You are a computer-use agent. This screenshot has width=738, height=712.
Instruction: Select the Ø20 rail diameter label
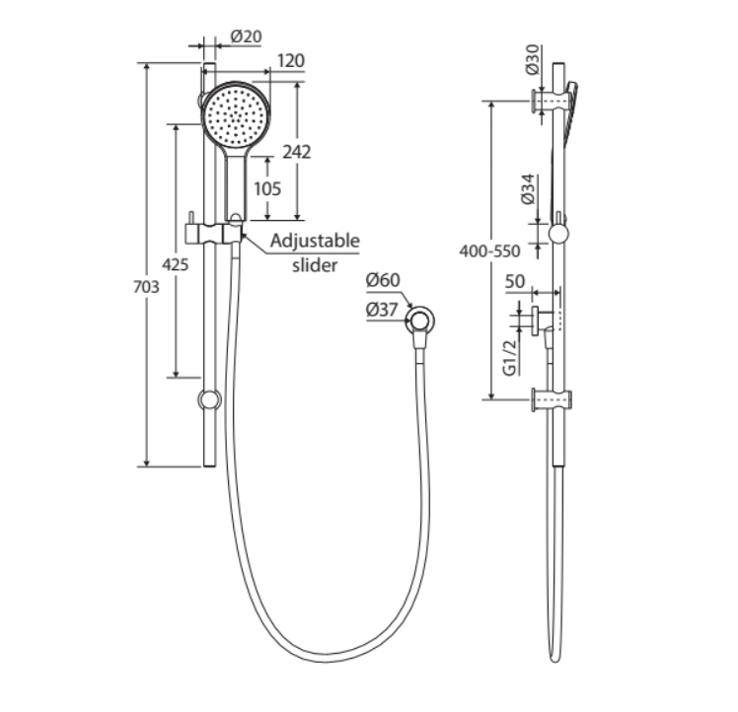[x=246, y=36]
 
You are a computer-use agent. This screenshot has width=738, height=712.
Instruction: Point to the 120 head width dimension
[x=290, y=61]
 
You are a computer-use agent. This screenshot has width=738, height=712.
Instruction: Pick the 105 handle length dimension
[x=266, y=187]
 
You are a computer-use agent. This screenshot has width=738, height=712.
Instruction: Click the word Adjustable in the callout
[x=315, y=241]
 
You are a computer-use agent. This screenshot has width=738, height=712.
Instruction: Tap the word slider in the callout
[x=315, y=264]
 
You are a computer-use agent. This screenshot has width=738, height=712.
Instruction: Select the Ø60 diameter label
[x=383, y=280]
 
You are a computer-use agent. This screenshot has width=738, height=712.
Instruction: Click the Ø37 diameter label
[x=382, y=309]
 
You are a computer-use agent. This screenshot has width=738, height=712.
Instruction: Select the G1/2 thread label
[x=510, y=357]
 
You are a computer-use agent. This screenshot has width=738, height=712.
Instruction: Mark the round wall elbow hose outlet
[x=422, y=319]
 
